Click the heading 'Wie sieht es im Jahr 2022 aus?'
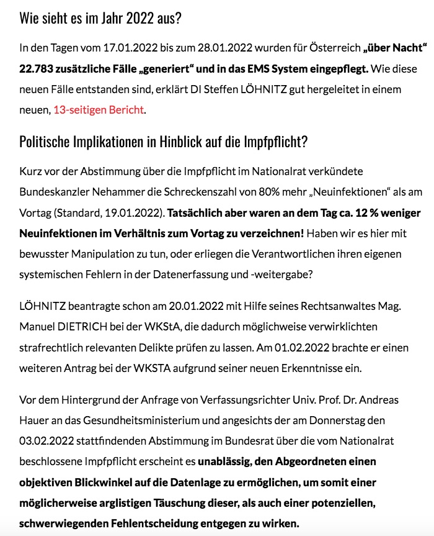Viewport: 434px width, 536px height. tap(100, 17)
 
